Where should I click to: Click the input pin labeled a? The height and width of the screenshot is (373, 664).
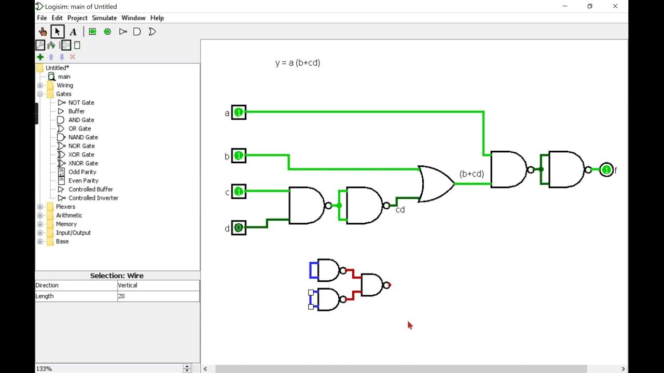(239, 112)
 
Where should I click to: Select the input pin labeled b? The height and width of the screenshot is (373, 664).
(239, 155)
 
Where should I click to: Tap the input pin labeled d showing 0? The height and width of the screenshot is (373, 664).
(239, 227)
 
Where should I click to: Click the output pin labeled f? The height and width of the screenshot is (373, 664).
(606, 170)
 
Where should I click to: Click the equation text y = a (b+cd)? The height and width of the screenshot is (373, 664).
(297, 63)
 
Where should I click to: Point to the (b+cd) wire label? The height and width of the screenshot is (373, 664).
(472, 174)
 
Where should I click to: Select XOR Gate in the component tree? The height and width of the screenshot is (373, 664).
(81, 154)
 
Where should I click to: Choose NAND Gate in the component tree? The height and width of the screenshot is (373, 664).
(83, 137)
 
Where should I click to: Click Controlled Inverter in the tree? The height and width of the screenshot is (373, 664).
(93, 198)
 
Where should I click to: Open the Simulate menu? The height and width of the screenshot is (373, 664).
(104, 18)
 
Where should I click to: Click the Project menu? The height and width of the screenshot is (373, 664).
(77, 18)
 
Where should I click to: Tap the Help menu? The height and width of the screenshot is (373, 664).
(157, 18)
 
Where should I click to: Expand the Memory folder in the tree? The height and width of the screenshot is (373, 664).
(40, 224)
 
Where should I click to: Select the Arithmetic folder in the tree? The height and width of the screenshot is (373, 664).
(69, 215)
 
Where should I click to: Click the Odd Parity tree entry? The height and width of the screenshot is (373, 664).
(82, 172)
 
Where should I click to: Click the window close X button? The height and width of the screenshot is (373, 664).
(615, 6)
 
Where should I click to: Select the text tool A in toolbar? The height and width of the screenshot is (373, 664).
(73, 32)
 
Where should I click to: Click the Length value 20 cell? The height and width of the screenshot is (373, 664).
(158, 296)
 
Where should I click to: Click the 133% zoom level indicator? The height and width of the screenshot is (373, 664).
(44, 368)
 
